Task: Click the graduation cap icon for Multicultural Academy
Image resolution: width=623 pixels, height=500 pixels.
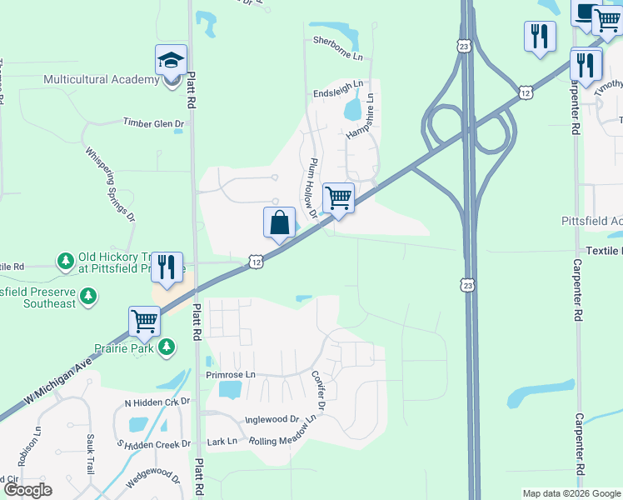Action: pos(171,60)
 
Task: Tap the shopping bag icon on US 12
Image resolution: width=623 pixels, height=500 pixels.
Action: pos(279,222)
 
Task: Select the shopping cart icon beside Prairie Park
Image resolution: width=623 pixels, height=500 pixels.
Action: pos(144,321)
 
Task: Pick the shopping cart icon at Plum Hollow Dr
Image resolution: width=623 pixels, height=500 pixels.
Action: pos(338,198)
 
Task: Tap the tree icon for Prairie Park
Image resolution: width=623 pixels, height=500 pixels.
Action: pos(167,345)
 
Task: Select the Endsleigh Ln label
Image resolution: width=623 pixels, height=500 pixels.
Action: pos(338,84)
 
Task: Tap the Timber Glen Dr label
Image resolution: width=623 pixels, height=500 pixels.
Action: pos(153,123)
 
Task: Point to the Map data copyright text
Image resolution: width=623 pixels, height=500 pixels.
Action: pos(571,493)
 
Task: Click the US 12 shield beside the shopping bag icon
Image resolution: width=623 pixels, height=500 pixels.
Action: pos(256,262)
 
